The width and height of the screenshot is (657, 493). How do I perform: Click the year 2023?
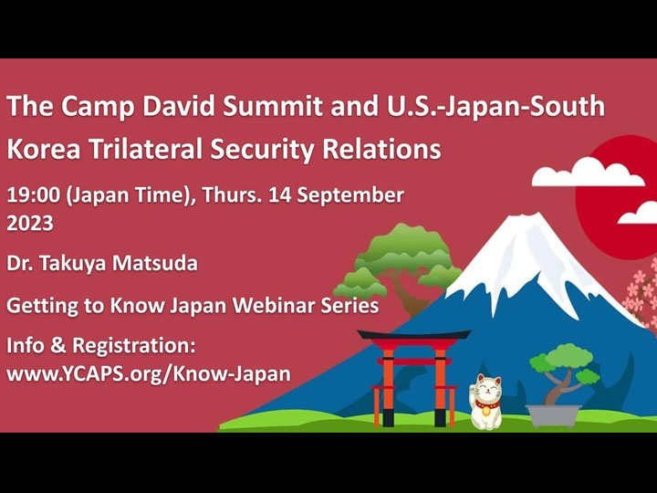[x=30, y=223]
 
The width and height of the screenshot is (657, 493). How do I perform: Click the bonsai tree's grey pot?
[x=554, y=415]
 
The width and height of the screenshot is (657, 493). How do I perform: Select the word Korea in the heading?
[x=38, y=148]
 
